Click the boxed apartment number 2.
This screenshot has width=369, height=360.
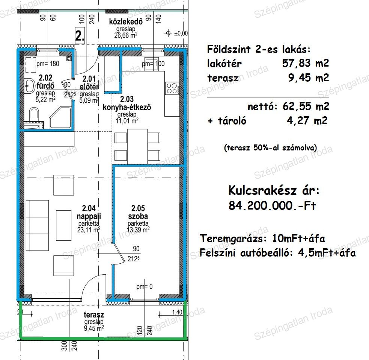click(80, 36)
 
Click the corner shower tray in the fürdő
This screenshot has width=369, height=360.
click(60, 118)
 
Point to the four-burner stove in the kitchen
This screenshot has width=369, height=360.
click(172, 88)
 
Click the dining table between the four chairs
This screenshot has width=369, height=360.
click(137, 146)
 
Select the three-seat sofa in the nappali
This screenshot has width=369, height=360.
click(37, 225)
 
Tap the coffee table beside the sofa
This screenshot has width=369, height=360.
click(63, 225)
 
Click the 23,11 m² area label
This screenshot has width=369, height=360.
click(89, 229)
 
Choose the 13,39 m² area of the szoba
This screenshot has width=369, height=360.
click(138, 229)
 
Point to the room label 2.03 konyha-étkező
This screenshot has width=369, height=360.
click(127, 103)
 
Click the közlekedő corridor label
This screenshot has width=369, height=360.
click(126, 22)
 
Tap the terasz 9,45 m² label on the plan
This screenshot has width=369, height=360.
click(94, 321)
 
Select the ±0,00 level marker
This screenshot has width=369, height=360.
click(176, 33)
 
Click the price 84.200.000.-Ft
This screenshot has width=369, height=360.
click(272, 205)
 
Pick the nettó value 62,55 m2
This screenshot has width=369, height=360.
click(306, 106)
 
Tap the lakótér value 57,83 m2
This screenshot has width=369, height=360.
click(306, 63)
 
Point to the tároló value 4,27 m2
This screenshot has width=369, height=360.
click(307, 121)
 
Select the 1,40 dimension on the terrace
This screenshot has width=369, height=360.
click(177, 312)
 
